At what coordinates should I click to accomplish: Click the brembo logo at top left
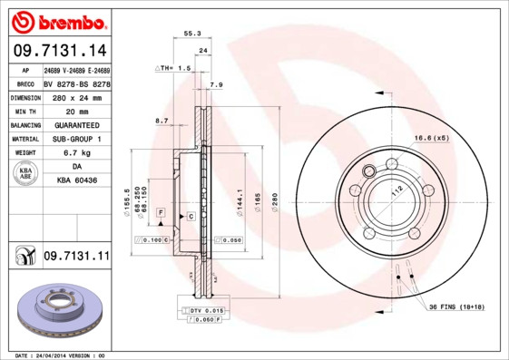(x=59, y=20)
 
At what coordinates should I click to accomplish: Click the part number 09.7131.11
(x=76, y=258)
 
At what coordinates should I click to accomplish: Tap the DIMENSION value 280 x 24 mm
(x=76, y=96)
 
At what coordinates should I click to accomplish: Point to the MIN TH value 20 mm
(x=76, y=111)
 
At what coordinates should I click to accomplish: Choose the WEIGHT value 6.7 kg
(x=76, y=153)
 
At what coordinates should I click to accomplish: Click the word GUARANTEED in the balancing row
(x=76, y=124)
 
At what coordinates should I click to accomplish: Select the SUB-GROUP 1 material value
(x=76, y=139)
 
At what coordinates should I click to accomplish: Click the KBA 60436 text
(x=76, y=181)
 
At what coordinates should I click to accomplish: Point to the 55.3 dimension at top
(x=191, y=33)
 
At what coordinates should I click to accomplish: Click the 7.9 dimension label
(x=216, y=84)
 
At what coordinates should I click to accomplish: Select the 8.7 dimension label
(x=162, y=120)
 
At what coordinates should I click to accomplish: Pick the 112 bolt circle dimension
(x=396, y=192)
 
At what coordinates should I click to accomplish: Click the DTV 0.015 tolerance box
(x=206, y=310)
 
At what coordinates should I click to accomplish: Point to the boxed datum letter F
(x=160, y=211)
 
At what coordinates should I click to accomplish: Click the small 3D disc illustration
(x=57, y=314)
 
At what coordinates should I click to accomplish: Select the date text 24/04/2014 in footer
(x=53, y=355)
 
